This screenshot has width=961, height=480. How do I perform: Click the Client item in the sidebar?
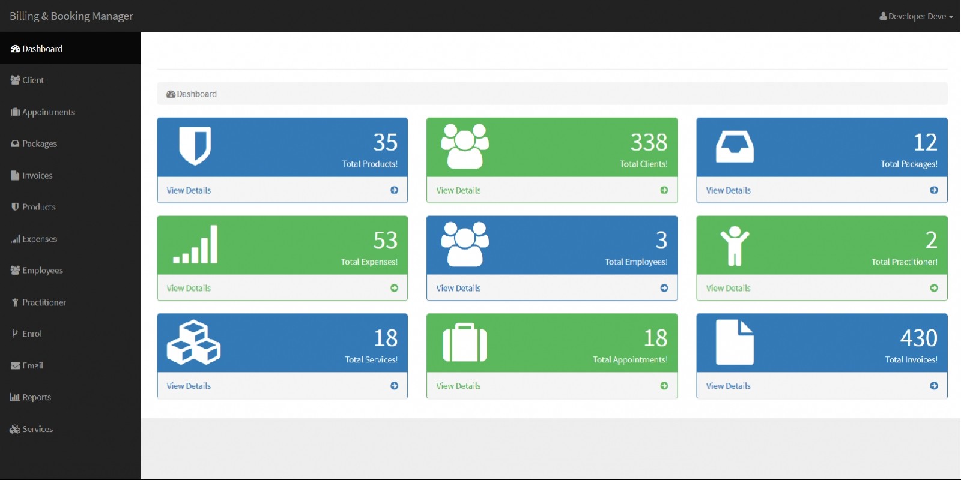[33, 80]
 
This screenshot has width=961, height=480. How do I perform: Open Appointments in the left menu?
[48, 112]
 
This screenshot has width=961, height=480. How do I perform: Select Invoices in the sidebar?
[37, 176]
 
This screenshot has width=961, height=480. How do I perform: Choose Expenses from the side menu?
[39, 239]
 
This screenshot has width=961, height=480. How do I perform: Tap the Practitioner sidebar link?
[44, 302]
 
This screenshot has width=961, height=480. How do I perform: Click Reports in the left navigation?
[36, 397]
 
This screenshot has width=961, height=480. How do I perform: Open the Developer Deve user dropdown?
[916, 16]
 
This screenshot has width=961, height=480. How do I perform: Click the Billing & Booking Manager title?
[71, 16]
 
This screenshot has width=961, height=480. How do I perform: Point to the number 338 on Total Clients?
[649, 142]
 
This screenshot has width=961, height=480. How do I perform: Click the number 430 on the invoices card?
[918, 338]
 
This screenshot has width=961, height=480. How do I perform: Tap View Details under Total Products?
[189, 190]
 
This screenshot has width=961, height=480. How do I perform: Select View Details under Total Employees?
[458, 288]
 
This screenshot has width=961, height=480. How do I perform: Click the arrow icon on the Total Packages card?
[934, 190]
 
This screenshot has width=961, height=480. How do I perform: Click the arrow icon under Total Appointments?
[664, 386]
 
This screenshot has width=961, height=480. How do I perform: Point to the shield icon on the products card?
[195, 145]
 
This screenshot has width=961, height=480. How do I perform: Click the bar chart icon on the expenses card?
[195, 244]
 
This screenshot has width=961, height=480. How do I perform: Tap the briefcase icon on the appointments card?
[465, 343]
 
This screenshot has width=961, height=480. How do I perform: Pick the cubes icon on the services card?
[193, 343]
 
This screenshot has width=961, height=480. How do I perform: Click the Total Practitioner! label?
[904, 262]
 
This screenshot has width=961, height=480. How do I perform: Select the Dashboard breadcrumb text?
[196, 94]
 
